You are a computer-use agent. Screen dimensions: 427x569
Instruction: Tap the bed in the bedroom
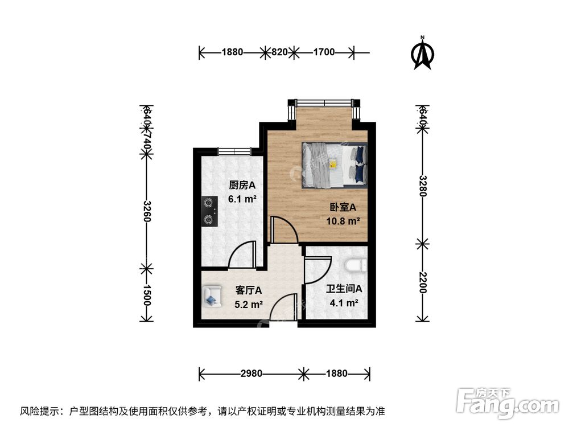[x=334, y=165]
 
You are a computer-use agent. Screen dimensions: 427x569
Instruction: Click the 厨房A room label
[x=242, y=185]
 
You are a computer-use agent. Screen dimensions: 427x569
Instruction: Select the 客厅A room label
[x=249, y=290]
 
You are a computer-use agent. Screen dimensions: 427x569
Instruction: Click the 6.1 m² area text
[x=242, y=199]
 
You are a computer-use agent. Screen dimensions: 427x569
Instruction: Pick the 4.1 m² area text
[x=344, y=303]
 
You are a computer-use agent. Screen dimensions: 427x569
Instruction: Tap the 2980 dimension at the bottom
[x=251, y=374]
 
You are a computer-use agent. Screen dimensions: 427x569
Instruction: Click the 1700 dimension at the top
[x=323, y=53]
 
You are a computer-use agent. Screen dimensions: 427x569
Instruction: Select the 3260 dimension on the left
[x=146, y=212]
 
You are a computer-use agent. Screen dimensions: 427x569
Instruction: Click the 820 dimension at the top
[x=279, y=53]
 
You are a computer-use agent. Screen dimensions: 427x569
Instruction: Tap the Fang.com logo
[x=508, y=403]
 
